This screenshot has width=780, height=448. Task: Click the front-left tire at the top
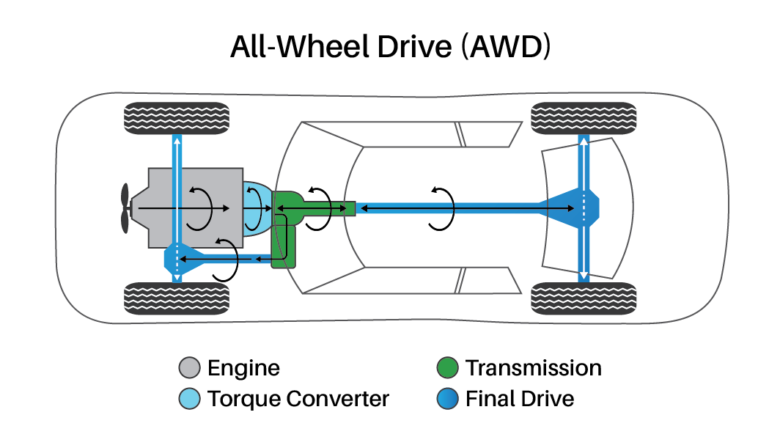tap(176, 118)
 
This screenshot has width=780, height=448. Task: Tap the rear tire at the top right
tap(583, 118)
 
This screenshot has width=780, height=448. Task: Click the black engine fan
tap(125, 209)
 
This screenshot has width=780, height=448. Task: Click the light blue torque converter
tap(257, 208)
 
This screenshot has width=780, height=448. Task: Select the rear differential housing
tap(579, 208)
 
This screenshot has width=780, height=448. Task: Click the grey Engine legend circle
tap(189, 368)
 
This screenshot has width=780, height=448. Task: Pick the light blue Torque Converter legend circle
tap(189, 400)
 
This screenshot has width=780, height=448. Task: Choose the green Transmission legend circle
tap(446, 368)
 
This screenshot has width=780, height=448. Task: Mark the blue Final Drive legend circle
tap(446, 400)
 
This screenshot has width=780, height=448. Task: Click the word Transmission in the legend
tap(533, 368)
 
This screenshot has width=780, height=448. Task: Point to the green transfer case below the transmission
tap(284, 246)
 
